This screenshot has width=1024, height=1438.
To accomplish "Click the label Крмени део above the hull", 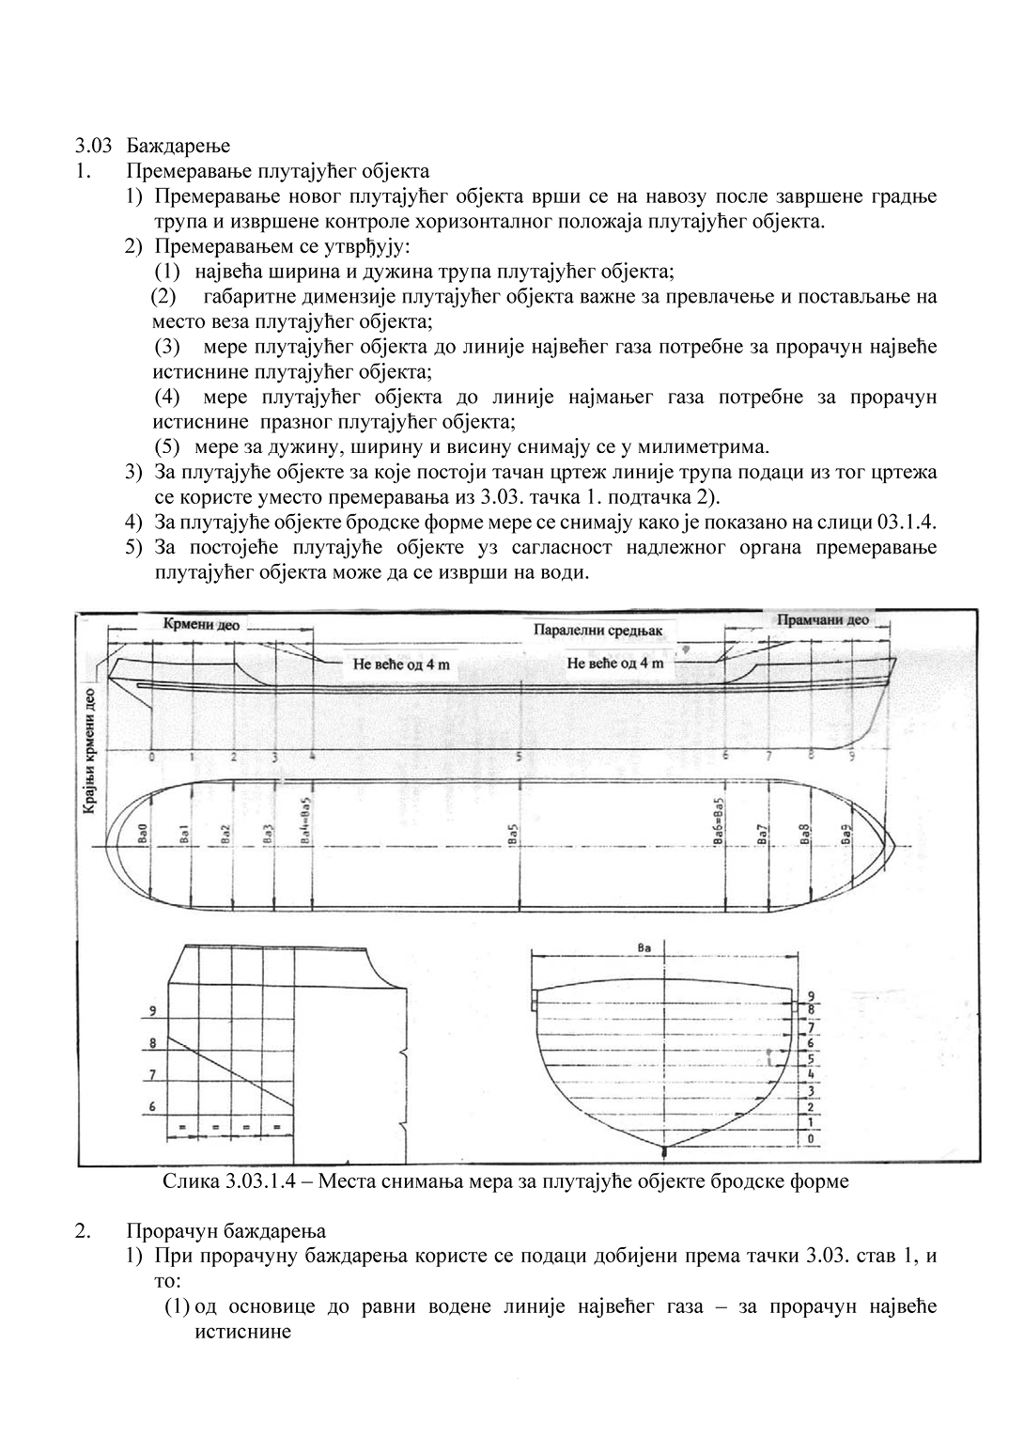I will pos(202,623).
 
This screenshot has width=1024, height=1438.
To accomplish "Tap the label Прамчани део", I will pos(822,620).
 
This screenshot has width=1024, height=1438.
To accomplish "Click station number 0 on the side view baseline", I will pos(152,757).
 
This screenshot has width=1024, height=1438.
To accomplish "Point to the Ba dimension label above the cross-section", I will pos(644,948).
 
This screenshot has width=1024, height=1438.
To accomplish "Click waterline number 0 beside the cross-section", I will pos(810,1139).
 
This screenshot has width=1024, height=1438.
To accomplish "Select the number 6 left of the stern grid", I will pos(150,1107).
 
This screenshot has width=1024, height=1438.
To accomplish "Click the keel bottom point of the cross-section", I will pos(665,1150).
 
